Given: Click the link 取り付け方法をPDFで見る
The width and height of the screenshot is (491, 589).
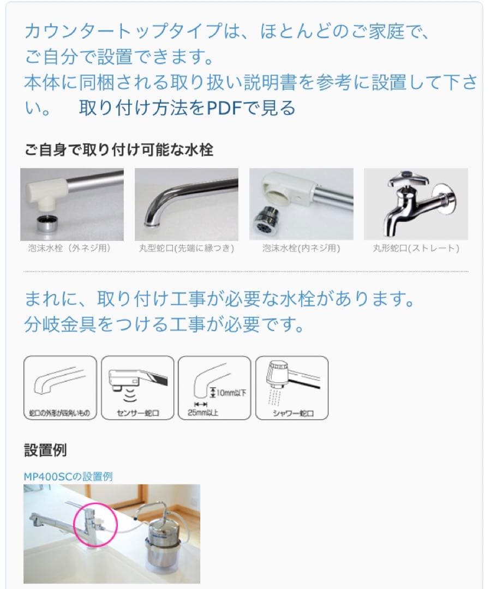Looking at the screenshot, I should coord(187,108).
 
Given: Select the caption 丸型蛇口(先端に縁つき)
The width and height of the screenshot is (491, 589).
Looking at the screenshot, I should coord(187,248).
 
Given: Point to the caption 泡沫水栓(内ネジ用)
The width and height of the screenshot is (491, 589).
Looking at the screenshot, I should coord(301,248).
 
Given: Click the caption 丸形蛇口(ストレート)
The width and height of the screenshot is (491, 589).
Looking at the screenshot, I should coord(416,248).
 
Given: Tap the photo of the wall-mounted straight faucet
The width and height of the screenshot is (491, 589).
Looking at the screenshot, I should coord(416,204).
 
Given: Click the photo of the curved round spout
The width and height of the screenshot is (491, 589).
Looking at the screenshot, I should coord(187,204).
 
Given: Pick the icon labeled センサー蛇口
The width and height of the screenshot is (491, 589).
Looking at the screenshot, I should coord(137,388).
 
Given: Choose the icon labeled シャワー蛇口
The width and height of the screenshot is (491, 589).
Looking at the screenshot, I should coord(292,388).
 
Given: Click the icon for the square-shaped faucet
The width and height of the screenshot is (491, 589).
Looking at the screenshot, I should coord(60,388).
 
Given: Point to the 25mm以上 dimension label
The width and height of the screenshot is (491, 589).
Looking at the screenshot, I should coord(202,413).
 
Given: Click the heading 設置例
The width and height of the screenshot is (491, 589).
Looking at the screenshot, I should coord(45,450).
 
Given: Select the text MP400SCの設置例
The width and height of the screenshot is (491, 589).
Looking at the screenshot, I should coord(68,476).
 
